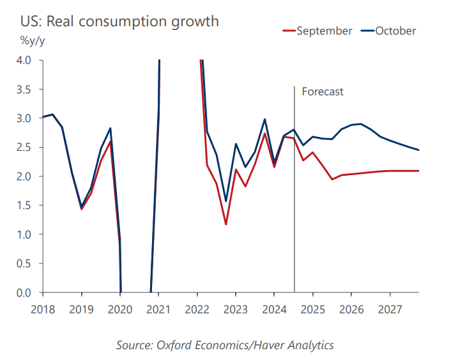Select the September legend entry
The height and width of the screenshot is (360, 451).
317,31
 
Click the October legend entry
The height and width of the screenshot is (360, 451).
388,31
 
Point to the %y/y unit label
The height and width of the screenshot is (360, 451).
33,41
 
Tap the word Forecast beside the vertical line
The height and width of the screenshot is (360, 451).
323,91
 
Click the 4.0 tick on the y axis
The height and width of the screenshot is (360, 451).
24,60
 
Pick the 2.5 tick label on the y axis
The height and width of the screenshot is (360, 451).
24,147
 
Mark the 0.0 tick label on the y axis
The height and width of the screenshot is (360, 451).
24,293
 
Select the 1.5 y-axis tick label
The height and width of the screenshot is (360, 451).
24,205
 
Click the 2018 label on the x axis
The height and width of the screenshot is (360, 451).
43,309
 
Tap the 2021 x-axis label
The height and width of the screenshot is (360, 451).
158,309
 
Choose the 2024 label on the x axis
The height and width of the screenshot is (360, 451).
275,309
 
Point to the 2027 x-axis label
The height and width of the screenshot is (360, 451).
390,309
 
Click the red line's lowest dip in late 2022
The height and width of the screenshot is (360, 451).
226,224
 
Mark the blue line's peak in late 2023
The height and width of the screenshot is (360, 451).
264,119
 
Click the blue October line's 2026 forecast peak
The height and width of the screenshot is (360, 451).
361,124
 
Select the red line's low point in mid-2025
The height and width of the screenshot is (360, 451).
332,179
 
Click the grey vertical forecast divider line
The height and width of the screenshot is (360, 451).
294,189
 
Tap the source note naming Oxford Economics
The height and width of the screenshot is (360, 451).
225,345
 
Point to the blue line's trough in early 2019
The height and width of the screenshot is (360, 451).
81,207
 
